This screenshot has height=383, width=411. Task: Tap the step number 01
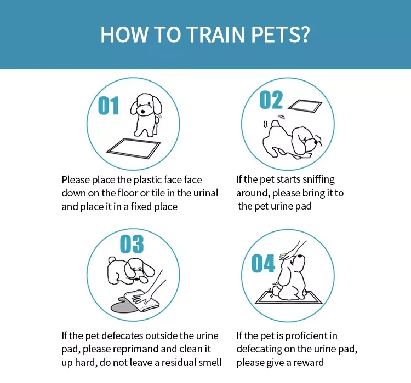(108, 106)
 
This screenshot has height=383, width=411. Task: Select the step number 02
(271, 100)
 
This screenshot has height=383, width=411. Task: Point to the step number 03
(132, 244)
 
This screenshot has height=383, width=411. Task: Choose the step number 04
(263, 264)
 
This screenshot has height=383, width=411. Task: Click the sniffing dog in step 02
(293, 140)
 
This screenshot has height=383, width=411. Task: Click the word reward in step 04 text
(309, 362)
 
